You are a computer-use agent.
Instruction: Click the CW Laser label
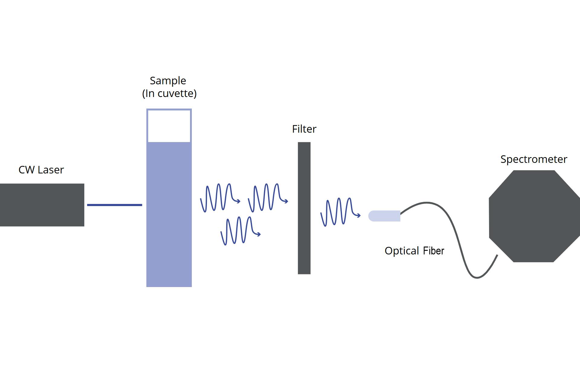[x=41, y=170]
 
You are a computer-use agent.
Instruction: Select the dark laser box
[x=42, y=205]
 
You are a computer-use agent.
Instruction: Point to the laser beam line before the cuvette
[x=114, y=205]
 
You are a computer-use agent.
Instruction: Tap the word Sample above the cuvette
[x=168, y=81]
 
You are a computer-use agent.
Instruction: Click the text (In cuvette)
[x=169, y=93]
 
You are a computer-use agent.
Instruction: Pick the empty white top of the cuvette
[x=169, y=126]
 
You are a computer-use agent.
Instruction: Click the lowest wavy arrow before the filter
[x=240, y=231]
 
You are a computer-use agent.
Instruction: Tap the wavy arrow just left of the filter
[x=268, y=198]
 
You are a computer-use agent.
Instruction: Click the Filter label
[x=304, y=129]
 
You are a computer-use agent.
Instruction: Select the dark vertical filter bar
[x=304, y=208]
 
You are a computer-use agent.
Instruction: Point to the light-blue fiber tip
[x=384, y=216]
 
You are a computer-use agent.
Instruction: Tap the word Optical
[x=402, y=251]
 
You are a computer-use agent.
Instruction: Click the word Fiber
[x=433, y=251]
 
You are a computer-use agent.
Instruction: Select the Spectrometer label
[x=534, y=159]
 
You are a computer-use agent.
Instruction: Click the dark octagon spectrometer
[x=534, y=216]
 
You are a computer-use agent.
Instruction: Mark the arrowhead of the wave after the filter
[x=359, y=215]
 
